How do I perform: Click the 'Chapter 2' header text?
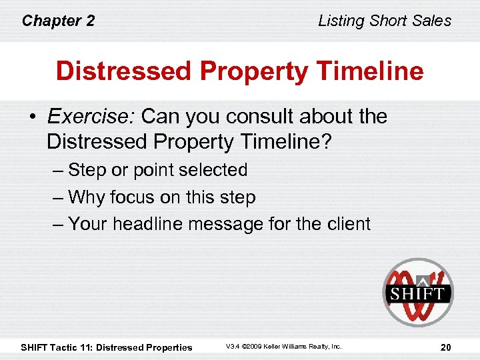[58, 21]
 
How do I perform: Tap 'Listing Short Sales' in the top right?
[385, 21]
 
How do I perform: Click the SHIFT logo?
[418, 292]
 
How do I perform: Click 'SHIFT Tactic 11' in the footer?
[57, 347]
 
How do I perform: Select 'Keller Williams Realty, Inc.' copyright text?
[304, 347]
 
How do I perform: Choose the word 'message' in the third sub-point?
[227, 224]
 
